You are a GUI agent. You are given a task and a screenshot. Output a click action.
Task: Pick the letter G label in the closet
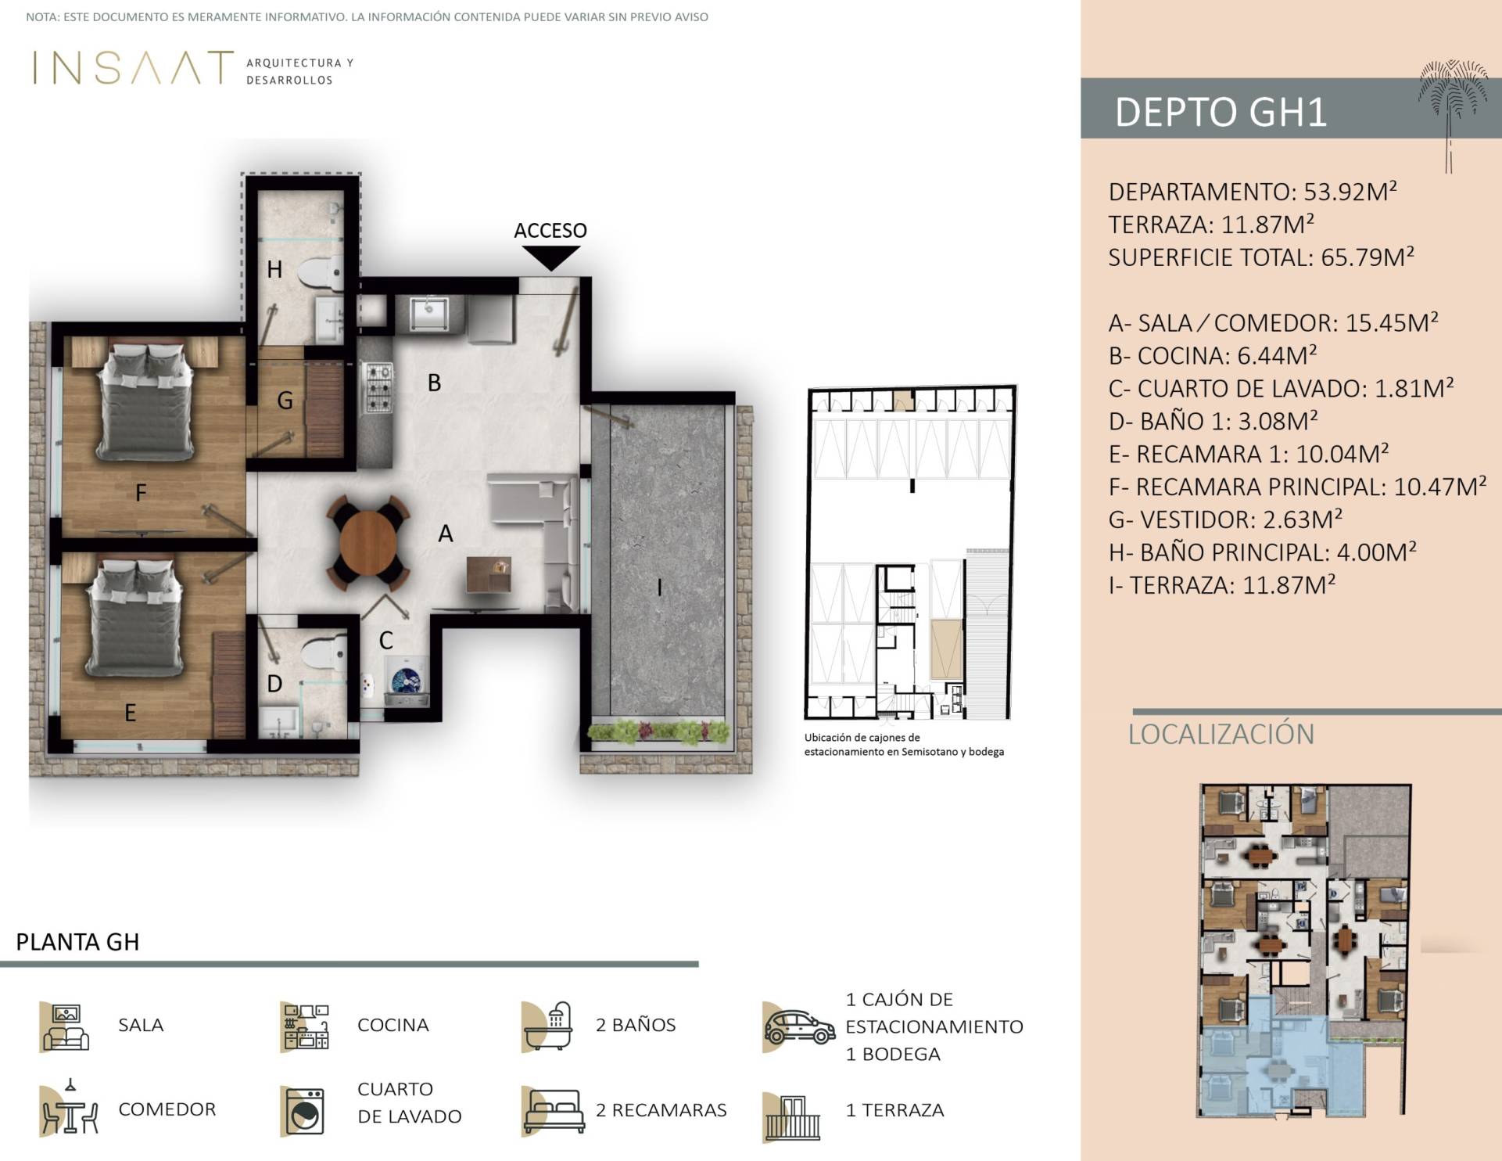(285, 401)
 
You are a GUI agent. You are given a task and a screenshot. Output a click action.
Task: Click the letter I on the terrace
(659, 587)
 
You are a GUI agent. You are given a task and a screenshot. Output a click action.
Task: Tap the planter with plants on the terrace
(659, 731)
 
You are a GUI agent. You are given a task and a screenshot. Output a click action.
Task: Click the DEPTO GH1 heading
(1221, 112)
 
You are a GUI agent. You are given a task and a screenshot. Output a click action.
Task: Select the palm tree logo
(1452, 110)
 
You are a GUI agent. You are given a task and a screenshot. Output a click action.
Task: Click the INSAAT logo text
(133, 68)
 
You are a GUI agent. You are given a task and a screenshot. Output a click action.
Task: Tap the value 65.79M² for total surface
(1368, 257)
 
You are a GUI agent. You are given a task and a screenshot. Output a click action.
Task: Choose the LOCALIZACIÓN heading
(1221, 735)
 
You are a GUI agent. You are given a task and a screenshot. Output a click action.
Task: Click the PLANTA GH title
(78, 941)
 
